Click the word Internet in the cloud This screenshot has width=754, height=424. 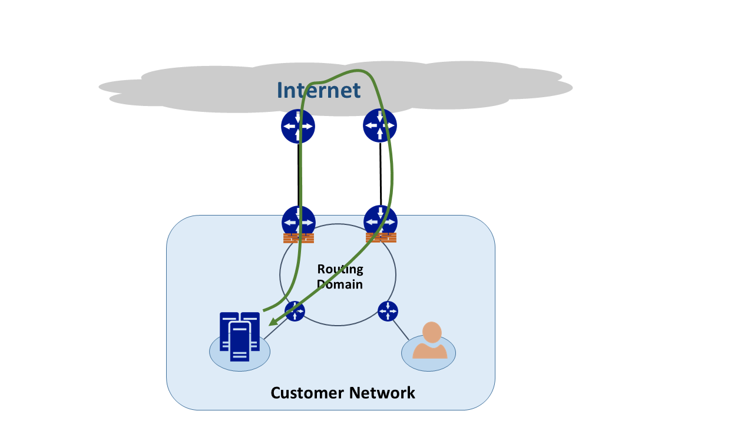[318, 90]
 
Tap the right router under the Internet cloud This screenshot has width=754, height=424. [380, 125]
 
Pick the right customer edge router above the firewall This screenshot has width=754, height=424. [381, 221]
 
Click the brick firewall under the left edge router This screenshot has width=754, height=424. [299, 238]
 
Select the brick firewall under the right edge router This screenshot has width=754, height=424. [381, 238]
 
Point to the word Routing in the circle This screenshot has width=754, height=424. [340, 269]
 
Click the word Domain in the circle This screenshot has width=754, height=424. [340, 284]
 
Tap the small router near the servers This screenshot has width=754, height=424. [295, 311]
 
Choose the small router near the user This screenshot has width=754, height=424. [388, 311]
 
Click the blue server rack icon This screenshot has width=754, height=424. [239, 336]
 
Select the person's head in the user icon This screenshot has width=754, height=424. [432, 332]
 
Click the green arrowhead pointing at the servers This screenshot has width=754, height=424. [272, 322]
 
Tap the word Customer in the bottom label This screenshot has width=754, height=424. [307, 393]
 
